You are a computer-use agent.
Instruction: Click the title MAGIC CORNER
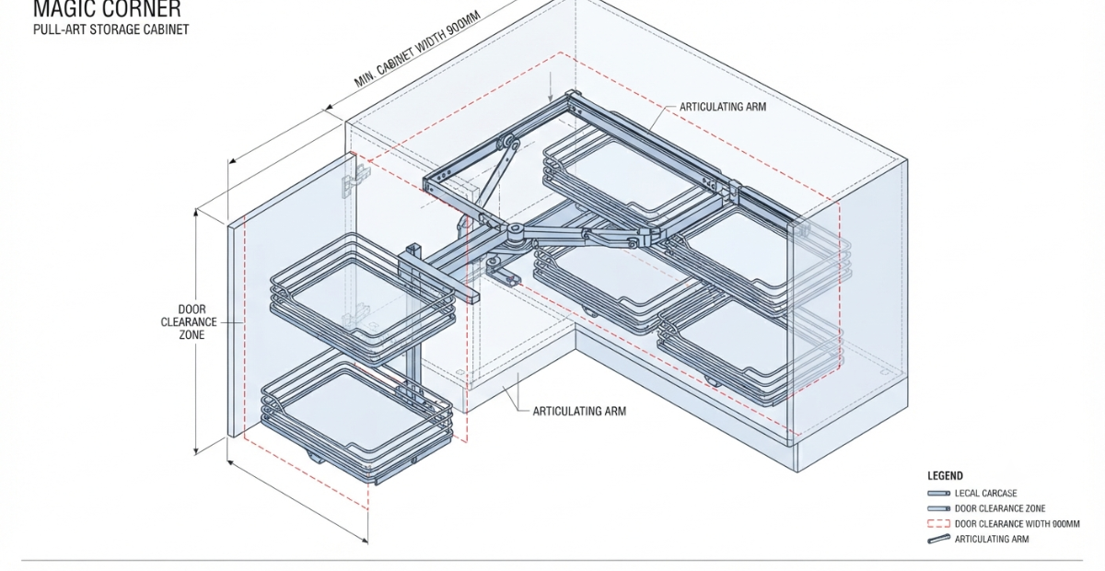[107, 9]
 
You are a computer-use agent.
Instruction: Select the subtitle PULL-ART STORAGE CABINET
[111, 29]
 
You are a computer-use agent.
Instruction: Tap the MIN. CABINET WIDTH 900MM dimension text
[417, 49]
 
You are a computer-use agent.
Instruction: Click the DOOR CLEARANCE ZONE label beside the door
[191, 321]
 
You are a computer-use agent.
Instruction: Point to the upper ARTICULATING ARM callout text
[723, 107]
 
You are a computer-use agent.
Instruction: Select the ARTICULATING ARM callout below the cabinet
[579, 411]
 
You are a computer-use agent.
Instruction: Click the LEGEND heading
[945, 476]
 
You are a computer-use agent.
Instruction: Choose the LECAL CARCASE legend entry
[985, 493]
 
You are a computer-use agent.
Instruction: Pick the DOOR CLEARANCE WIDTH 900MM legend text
[1018, 524]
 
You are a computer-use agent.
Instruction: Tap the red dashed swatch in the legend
[938, 524]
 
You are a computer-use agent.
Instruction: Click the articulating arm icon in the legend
[938, 539]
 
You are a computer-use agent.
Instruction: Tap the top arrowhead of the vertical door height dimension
[196, 212]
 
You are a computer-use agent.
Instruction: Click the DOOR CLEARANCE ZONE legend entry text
[1000, 508]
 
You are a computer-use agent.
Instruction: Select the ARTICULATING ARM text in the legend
[992, 539]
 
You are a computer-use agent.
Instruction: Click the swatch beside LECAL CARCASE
[938, 493]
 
